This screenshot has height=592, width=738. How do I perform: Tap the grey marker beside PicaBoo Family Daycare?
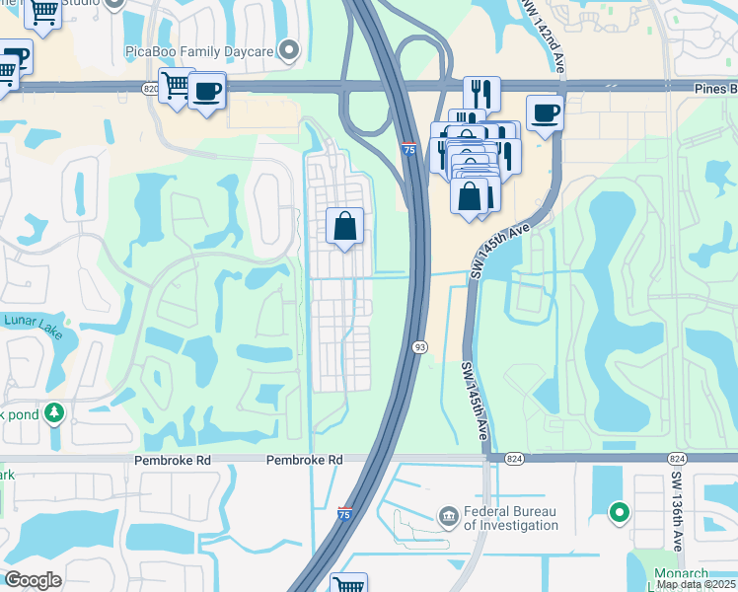coord(289,48)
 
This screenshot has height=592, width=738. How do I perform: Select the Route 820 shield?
coord(150,87)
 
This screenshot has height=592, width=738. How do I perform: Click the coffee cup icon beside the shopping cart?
coord(206,91)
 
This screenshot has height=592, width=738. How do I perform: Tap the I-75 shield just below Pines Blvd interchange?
coord(408,149)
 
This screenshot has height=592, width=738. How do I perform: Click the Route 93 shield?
coord(419,346)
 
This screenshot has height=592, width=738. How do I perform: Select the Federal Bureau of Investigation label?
coord(511,518)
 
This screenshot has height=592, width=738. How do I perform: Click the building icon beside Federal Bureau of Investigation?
coord(448,515)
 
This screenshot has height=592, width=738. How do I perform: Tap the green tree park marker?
coord(56,412)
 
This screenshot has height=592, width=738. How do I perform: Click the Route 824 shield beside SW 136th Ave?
coord(676,460)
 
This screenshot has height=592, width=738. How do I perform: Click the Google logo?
coord(33,580)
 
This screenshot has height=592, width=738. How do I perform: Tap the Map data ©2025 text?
coord(696,584)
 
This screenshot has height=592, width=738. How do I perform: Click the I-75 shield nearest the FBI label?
coord(344,514)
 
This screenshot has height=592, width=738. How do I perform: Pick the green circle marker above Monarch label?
coord(619,511)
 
